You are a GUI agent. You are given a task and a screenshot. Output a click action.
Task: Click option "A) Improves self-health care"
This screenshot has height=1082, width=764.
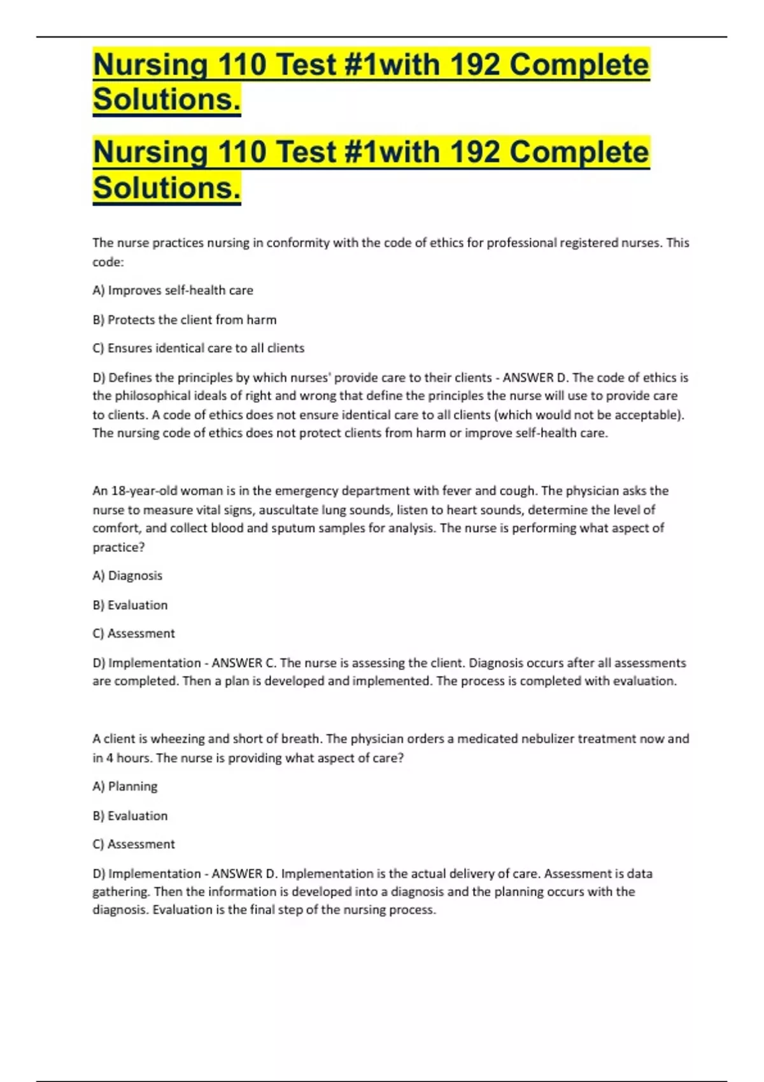(173, 290)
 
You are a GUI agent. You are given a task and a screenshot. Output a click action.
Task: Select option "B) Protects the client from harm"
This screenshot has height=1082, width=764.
(184, 320)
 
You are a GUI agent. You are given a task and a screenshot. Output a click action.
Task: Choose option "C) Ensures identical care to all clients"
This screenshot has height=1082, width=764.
(198, 348)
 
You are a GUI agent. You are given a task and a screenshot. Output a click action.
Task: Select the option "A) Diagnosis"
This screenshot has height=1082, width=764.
(127, 575)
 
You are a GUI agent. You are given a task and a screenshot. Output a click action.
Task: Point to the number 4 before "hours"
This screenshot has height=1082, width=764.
(110, 758)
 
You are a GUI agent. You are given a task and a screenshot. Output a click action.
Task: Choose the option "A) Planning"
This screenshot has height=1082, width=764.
(125, 786)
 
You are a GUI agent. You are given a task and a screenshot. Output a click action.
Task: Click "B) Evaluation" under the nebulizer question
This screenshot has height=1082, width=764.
(130, 815)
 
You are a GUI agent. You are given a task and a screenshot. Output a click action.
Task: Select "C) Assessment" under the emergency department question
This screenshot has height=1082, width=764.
(134, 633)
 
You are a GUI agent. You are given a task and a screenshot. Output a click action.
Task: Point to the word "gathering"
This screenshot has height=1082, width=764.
(120, 892)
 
